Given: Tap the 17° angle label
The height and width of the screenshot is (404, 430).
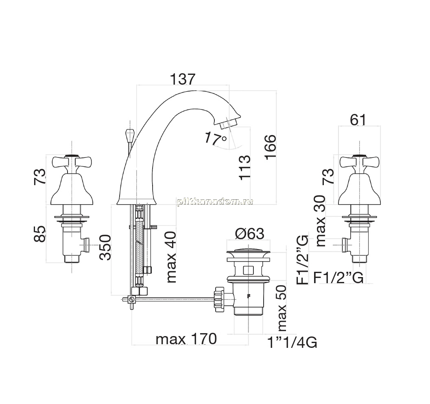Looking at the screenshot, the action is [x=216, y=138].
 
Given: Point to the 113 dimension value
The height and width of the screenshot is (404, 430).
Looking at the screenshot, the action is [x=244, y=167].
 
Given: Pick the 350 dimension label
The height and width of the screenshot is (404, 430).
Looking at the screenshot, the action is [x=105, y=247].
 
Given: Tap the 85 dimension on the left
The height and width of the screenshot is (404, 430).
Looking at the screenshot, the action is [x=39, y=234].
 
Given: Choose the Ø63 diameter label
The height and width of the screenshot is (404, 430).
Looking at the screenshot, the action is [x=249, y=234].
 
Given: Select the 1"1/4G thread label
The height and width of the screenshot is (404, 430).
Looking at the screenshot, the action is [x=292, y=343].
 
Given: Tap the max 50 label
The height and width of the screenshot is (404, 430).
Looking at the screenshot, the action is [x=282, y=308].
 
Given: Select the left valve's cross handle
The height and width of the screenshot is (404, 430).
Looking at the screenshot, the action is [x=72, y=162].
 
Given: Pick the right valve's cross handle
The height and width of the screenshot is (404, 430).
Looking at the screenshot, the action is [x=359, y=162].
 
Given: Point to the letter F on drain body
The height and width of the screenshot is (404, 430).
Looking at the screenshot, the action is [x=249, y=296].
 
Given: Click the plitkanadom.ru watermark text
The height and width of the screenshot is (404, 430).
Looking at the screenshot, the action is [x=215, y=201].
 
